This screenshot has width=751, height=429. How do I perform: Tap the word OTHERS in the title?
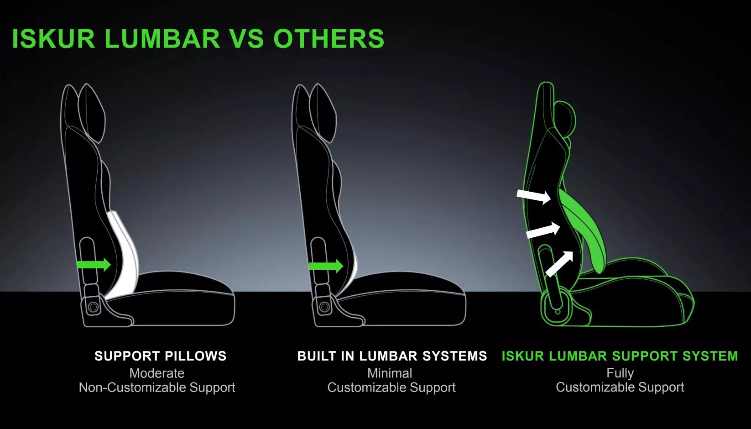(329, 38)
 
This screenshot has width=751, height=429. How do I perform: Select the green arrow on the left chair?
(94, 265)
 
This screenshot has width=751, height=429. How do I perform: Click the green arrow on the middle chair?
(326, 266)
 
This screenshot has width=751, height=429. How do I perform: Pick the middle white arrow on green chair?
(543, 230)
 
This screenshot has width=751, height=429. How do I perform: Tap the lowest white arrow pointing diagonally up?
(559, 264)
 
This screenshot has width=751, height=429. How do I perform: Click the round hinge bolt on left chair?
(93, 307)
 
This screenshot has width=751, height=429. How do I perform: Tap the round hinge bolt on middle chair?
(324, 307)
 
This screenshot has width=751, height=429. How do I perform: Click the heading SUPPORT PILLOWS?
(160, 356)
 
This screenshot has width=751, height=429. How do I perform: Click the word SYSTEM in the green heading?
(717, 356)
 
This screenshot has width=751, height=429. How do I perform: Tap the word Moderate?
(156, 373)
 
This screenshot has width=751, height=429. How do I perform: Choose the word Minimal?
(390, 373)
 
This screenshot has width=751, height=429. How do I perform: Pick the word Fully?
(620, 373)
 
